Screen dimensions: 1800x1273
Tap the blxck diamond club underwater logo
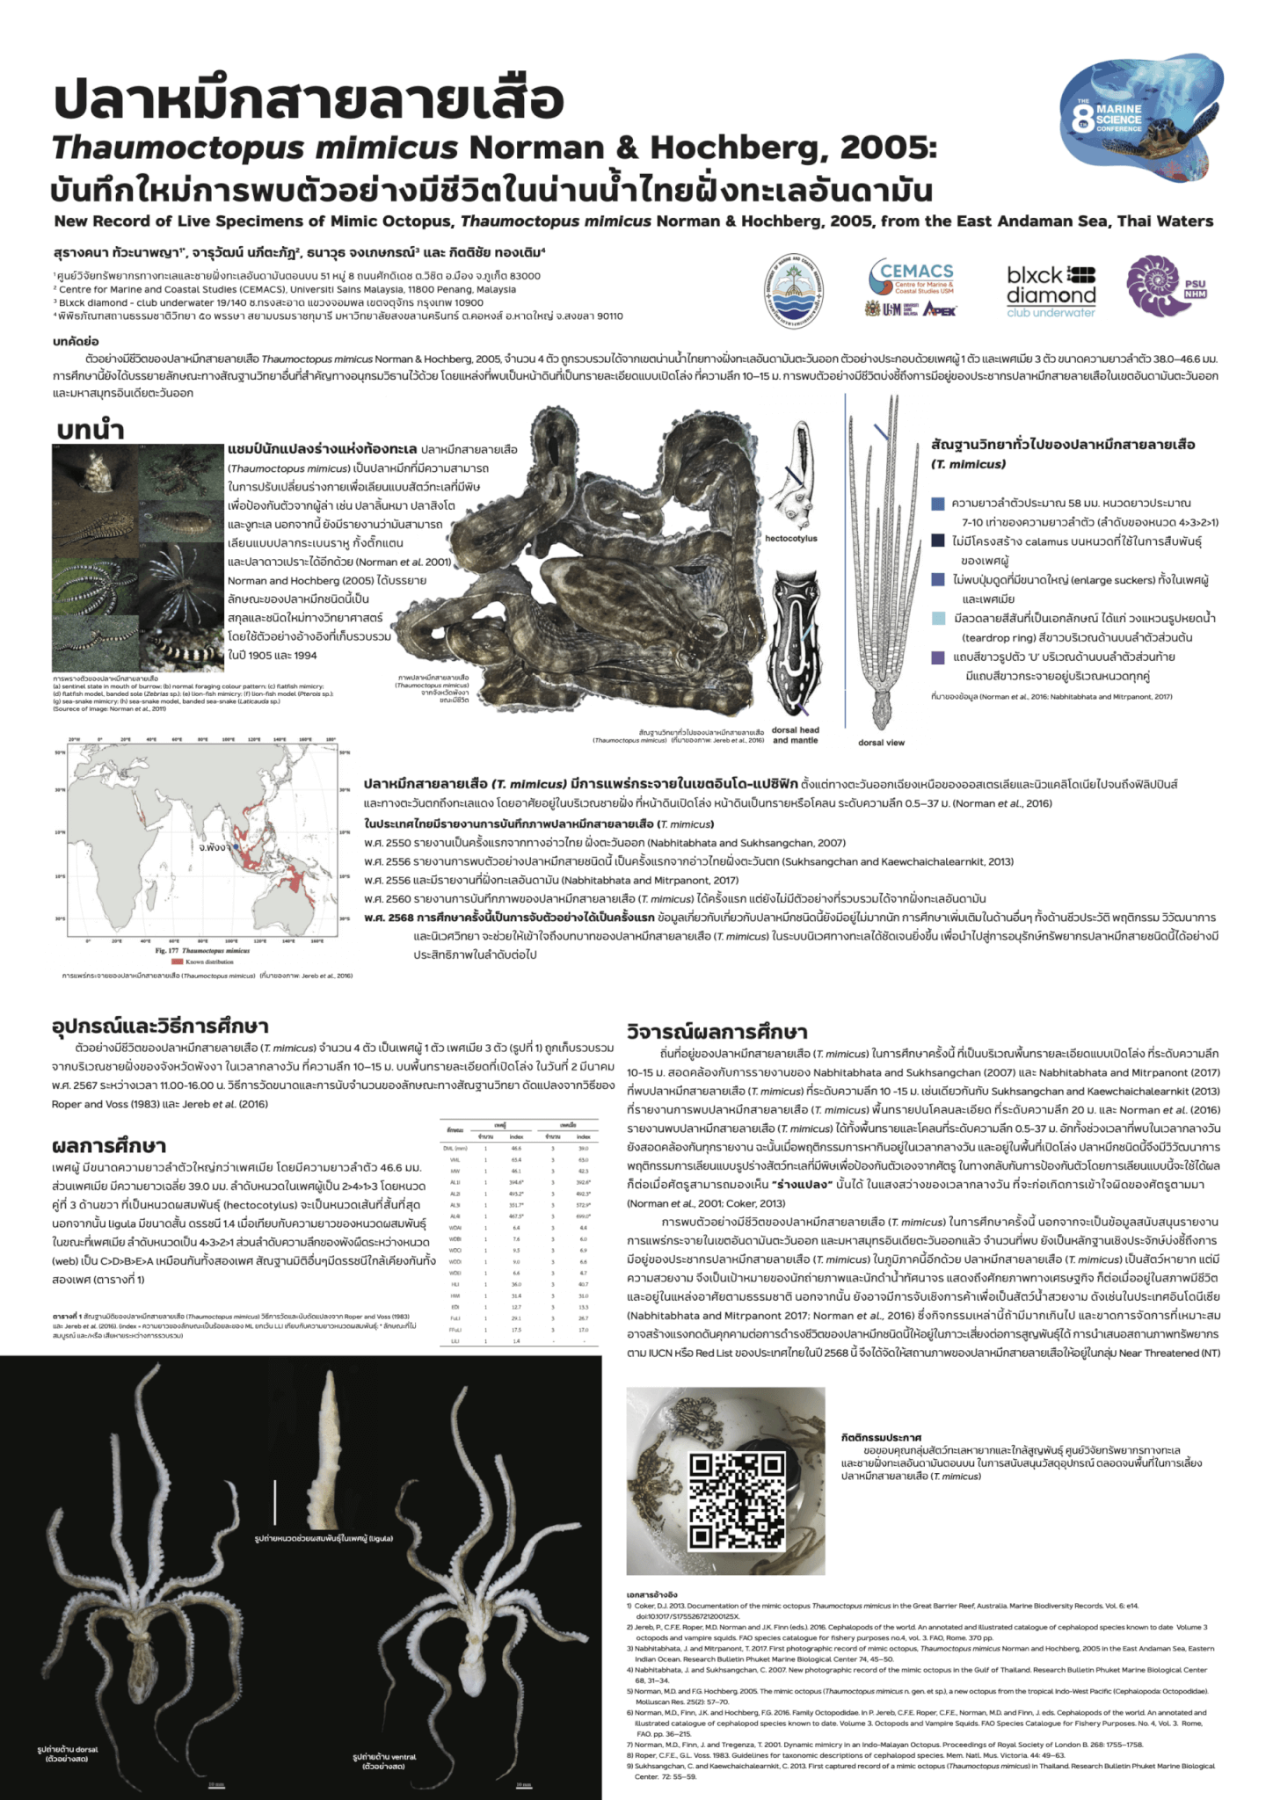(1051, 290)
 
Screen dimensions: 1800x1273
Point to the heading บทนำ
(91, 430)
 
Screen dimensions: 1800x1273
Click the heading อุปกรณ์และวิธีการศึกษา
(160, 1026)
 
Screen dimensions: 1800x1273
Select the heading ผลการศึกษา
(109, 1145)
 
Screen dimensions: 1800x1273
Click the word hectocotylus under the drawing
(790, 539)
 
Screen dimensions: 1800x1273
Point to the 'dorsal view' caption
(881, 743)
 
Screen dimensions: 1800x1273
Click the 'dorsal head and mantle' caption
(795, 735)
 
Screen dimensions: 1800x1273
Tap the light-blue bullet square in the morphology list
(938, 619)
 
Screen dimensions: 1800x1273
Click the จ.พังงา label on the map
(214, 847)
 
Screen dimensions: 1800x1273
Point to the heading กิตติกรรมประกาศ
(881, 1437)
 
